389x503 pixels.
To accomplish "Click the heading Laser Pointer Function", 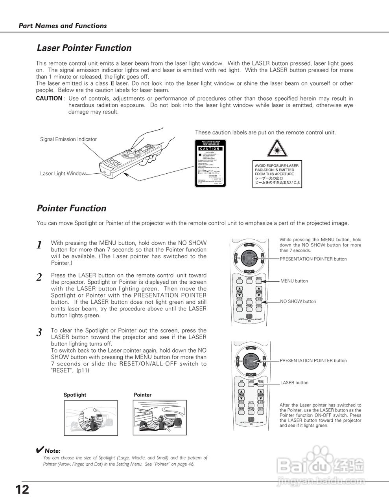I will click(x=84, y=48).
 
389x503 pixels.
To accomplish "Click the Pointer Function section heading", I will click(x=72, y=208).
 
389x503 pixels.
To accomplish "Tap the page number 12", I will click(x=22, y=490).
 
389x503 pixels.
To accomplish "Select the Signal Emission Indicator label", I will click(x=68, y=139).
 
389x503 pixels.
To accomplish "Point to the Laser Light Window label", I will click(x=63, y=173).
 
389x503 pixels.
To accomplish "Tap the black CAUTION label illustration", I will click(x=210, y=163).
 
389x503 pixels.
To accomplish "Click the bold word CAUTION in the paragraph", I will click(x=49, y=99).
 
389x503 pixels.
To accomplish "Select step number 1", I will click(x=39, y=245).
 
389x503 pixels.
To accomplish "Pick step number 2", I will click(x=39, y=277).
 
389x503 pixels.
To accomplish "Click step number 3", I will click(x=39, y=332).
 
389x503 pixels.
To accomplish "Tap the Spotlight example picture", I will click(x=91, y=418).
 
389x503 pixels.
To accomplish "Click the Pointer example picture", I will click(x=161, y=418).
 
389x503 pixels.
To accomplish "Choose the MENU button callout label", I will click(x=294, y=281).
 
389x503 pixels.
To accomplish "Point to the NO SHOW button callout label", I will click(x=298, y=301).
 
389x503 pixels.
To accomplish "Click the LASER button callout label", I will click(x=295, y=383).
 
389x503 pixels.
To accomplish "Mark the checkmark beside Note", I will click(x=39, y=450).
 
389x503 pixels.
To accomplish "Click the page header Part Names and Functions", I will click(x=63, y=26).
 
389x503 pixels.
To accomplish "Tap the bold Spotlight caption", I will click(x=75, y=395).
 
